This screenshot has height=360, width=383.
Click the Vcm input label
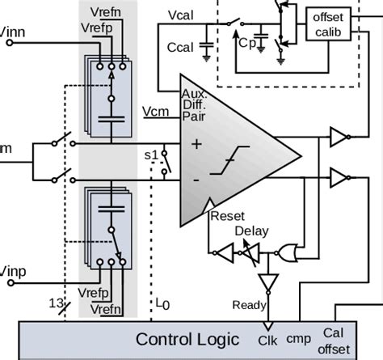click(154, 111)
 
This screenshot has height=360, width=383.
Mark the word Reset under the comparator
click(227, 217)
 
